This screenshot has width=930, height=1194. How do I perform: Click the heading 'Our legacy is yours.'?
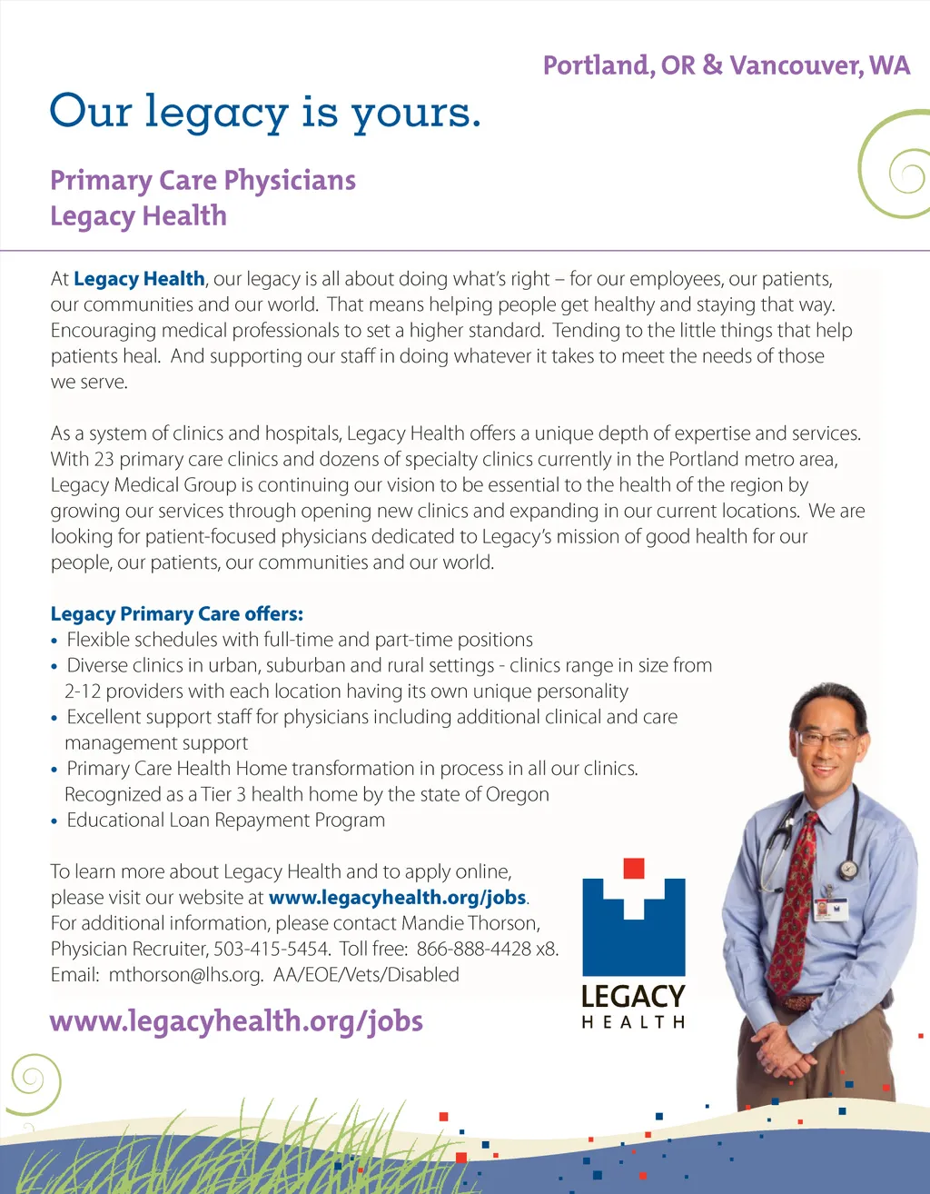264,113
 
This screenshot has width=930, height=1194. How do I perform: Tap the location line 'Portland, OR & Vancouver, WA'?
726,65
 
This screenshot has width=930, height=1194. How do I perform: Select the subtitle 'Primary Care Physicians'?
203,180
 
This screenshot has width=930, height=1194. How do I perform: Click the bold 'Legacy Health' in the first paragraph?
139,279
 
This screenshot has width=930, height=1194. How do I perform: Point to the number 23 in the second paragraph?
104,459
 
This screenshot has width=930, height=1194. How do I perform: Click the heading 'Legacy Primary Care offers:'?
177,614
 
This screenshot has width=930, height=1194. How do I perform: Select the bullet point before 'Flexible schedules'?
55,642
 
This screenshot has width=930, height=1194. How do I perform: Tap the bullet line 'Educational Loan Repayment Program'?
225,820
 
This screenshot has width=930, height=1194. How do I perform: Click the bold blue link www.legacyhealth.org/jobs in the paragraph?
398,898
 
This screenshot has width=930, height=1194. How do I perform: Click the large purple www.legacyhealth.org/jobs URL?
236,1021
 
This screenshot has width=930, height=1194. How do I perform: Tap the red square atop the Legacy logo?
634,868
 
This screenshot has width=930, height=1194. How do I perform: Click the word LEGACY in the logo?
633,996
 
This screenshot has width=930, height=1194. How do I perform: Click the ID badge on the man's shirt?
830,907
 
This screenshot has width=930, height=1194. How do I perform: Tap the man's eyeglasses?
827,740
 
